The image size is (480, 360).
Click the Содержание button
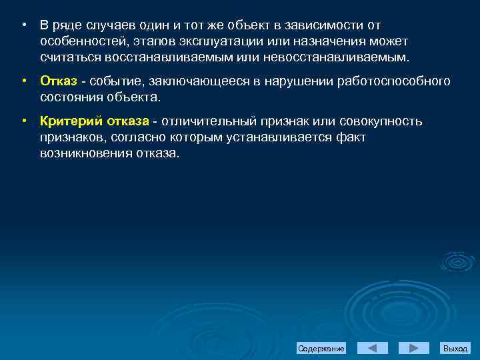click(x=321, y=349)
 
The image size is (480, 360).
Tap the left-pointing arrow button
click(x=373, y=348)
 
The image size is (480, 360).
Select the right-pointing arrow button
click(x=414, y=348)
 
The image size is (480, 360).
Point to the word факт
click(x=338, y=137)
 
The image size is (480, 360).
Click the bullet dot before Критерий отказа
click(x=23, y=121)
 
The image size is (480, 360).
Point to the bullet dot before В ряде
click(x=23, y=25)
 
